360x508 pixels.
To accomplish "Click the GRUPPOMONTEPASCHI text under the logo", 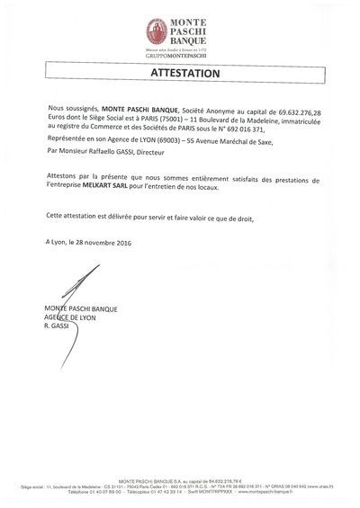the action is pos(180,57).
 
